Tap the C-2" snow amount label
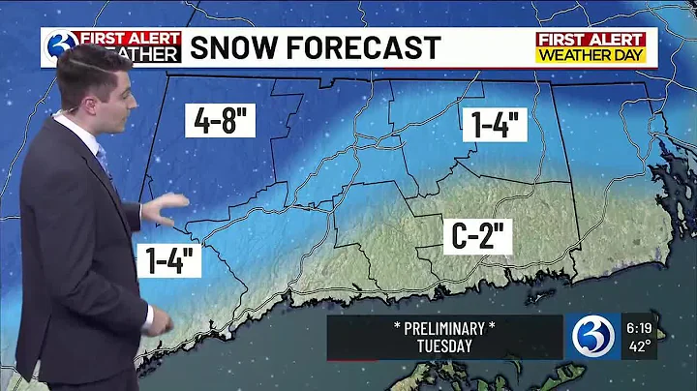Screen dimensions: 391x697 tap(477, 235)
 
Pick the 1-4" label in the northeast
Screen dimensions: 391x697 tap(497, 124)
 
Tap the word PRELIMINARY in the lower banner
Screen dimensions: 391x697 tap(443, 327)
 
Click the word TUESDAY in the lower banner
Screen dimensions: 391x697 tap(443, 346)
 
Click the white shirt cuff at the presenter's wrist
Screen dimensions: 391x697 tap(147, 318)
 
